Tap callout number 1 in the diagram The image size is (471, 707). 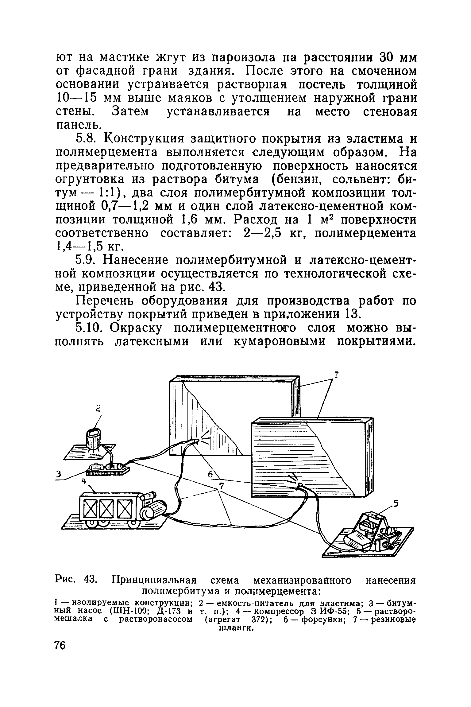[337, 375]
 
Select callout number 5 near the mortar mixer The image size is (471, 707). [396, 503]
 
